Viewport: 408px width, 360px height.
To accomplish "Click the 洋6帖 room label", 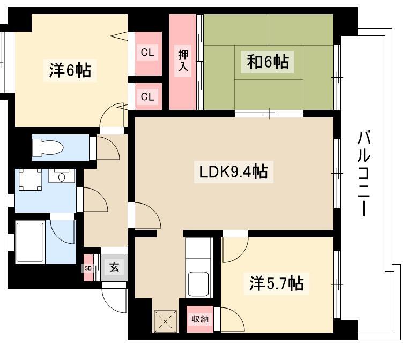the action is (70, 70).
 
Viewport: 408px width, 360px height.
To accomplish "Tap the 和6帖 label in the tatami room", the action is (268, 62).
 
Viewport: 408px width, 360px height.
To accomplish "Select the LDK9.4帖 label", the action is (233, 171).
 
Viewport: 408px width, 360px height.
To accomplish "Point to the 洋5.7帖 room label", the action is (276, 283).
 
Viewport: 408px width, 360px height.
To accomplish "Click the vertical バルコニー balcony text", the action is (364, 174).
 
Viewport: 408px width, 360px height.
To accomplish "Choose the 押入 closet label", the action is (183, 61).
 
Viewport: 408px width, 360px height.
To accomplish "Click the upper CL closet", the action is (148, 53).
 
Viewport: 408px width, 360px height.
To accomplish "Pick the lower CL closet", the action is (148, 96).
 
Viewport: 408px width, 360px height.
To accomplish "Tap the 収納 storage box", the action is (200, 319).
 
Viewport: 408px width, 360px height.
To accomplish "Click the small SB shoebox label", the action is (88, 268).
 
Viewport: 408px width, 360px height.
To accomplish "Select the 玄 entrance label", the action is (114, 267).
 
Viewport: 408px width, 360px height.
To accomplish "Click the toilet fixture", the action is (48, 148).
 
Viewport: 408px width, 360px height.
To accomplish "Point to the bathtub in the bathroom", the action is (29, 242).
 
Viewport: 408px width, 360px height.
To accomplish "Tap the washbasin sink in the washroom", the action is (62, 176).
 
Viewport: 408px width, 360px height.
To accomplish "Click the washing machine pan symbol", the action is (30, 179).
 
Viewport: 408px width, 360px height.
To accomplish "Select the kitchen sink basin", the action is (198, 284).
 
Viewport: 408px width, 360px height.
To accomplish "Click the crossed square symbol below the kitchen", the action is (165, 321).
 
